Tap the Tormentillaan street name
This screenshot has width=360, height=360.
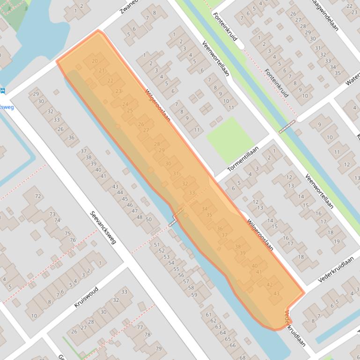243,159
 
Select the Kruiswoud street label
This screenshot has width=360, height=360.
86,296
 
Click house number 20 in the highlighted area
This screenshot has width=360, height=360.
95,61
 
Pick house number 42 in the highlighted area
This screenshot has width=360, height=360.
269,284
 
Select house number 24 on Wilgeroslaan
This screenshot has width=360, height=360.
125,104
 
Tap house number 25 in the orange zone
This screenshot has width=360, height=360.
130,110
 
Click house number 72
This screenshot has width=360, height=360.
38,196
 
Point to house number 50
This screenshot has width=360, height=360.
149,219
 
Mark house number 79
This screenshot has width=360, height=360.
158,349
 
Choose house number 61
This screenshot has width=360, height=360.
209,314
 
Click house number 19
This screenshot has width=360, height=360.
336,241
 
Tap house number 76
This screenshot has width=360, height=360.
73,240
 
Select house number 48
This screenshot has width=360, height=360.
140,217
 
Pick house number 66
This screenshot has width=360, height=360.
233,345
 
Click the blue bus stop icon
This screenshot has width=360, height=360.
3,91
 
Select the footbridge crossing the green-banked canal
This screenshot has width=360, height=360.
287,127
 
